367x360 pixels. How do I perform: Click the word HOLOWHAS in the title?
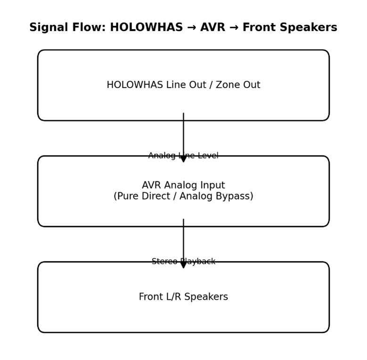point(146,28)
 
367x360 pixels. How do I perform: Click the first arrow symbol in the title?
point(191,28)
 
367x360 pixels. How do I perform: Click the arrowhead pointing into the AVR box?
point(184,158)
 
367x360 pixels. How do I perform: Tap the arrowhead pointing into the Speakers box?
point(184,264)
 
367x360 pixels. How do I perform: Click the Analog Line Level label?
point(183,156)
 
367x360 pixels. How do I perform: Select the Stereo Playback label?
point(183,262)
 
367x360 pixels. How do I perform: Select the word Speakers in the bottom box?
point(207,297)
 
